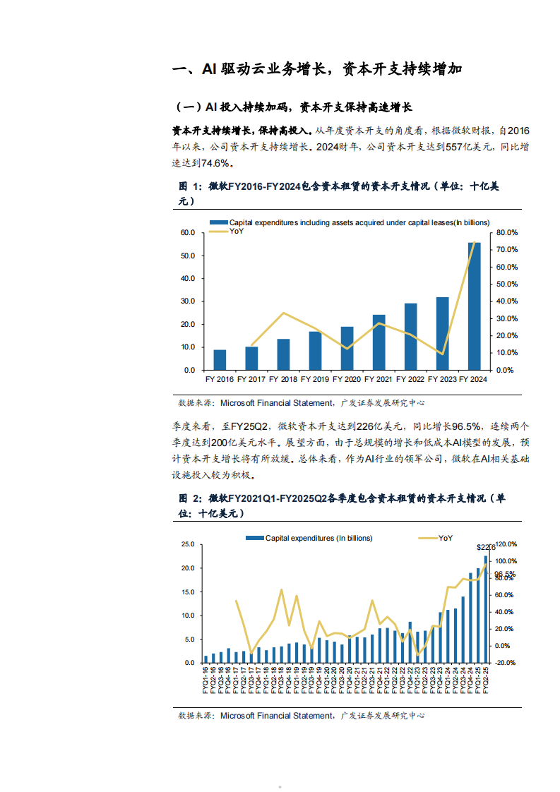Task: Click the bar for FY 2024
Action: tap(475, 306)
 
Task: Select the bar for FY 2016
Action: tap(220, 359)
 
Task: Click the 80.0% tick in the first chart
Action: tap(507, 232)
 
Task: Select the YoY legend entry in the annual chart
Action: tap(236, 232)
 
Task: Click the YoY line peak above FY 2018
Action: tap(283, 313)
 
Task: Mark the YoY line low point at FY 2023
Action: tap(442, 354)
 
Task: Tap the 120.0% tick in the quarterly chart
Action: tap(507, 544)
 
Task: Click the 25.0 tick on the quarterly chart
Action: tap(187, 544)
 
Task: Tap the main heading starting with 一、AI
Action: tap(318, 69)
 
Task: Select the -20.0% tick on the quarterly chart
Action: tap(507, 663)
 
